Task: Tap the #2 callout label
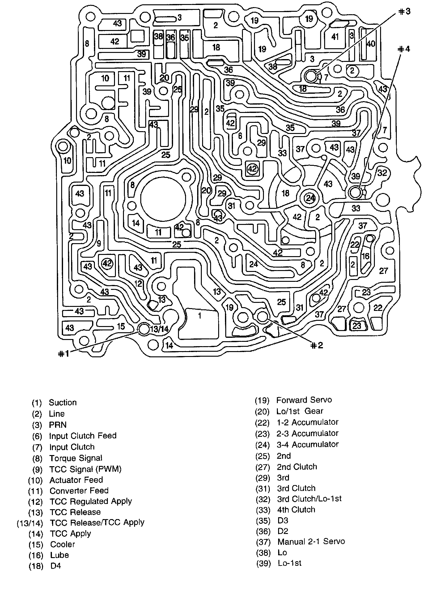point(316,346)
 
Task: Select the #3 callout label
point(404,12)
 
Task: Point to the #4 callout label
point(403,49)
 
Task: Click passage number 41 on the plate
point(335,37)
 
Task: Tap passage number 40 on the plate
point(370,44)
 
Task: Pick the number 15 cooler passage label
point(121,326)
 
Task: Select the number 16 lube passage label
point(365,256)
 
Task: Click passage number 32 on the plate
point(382,173)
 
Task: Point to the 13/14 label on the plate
point(159,329)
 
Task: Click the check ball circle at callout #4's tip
point(355,192)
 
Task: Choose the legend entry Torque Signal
point(76,458)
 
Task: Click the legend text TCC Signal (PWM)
point(85,469)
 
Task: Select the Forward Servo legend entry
point(304,400)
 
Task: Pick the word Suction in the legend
point(63,402)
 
